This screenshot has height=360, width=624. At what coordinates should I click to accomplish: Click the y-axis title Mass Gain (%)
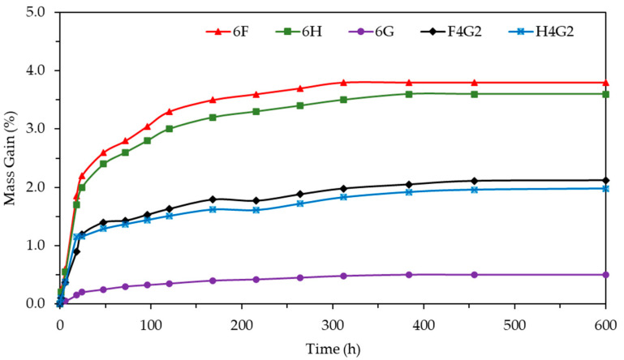pos(11,158)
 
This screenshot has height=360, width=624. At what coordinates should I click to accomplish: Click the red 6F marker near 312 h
pos(343,83)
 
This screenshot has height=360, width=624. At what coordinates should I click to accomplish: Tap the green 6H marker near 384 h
pos(409,94)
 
